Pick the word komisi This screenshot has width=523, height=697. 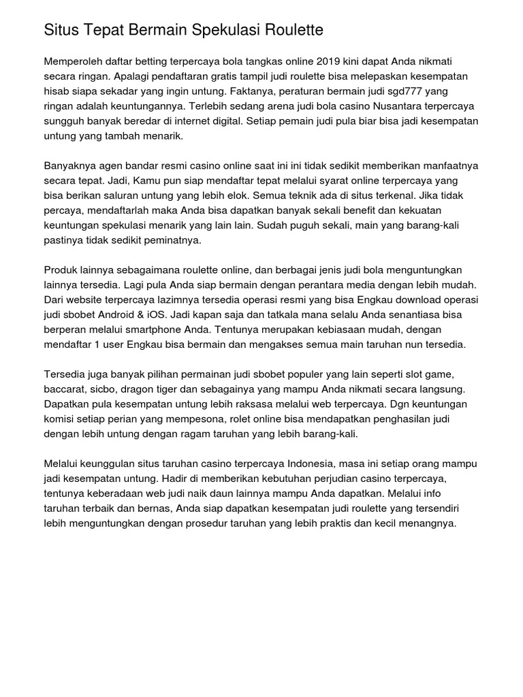tap(60, 420)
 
